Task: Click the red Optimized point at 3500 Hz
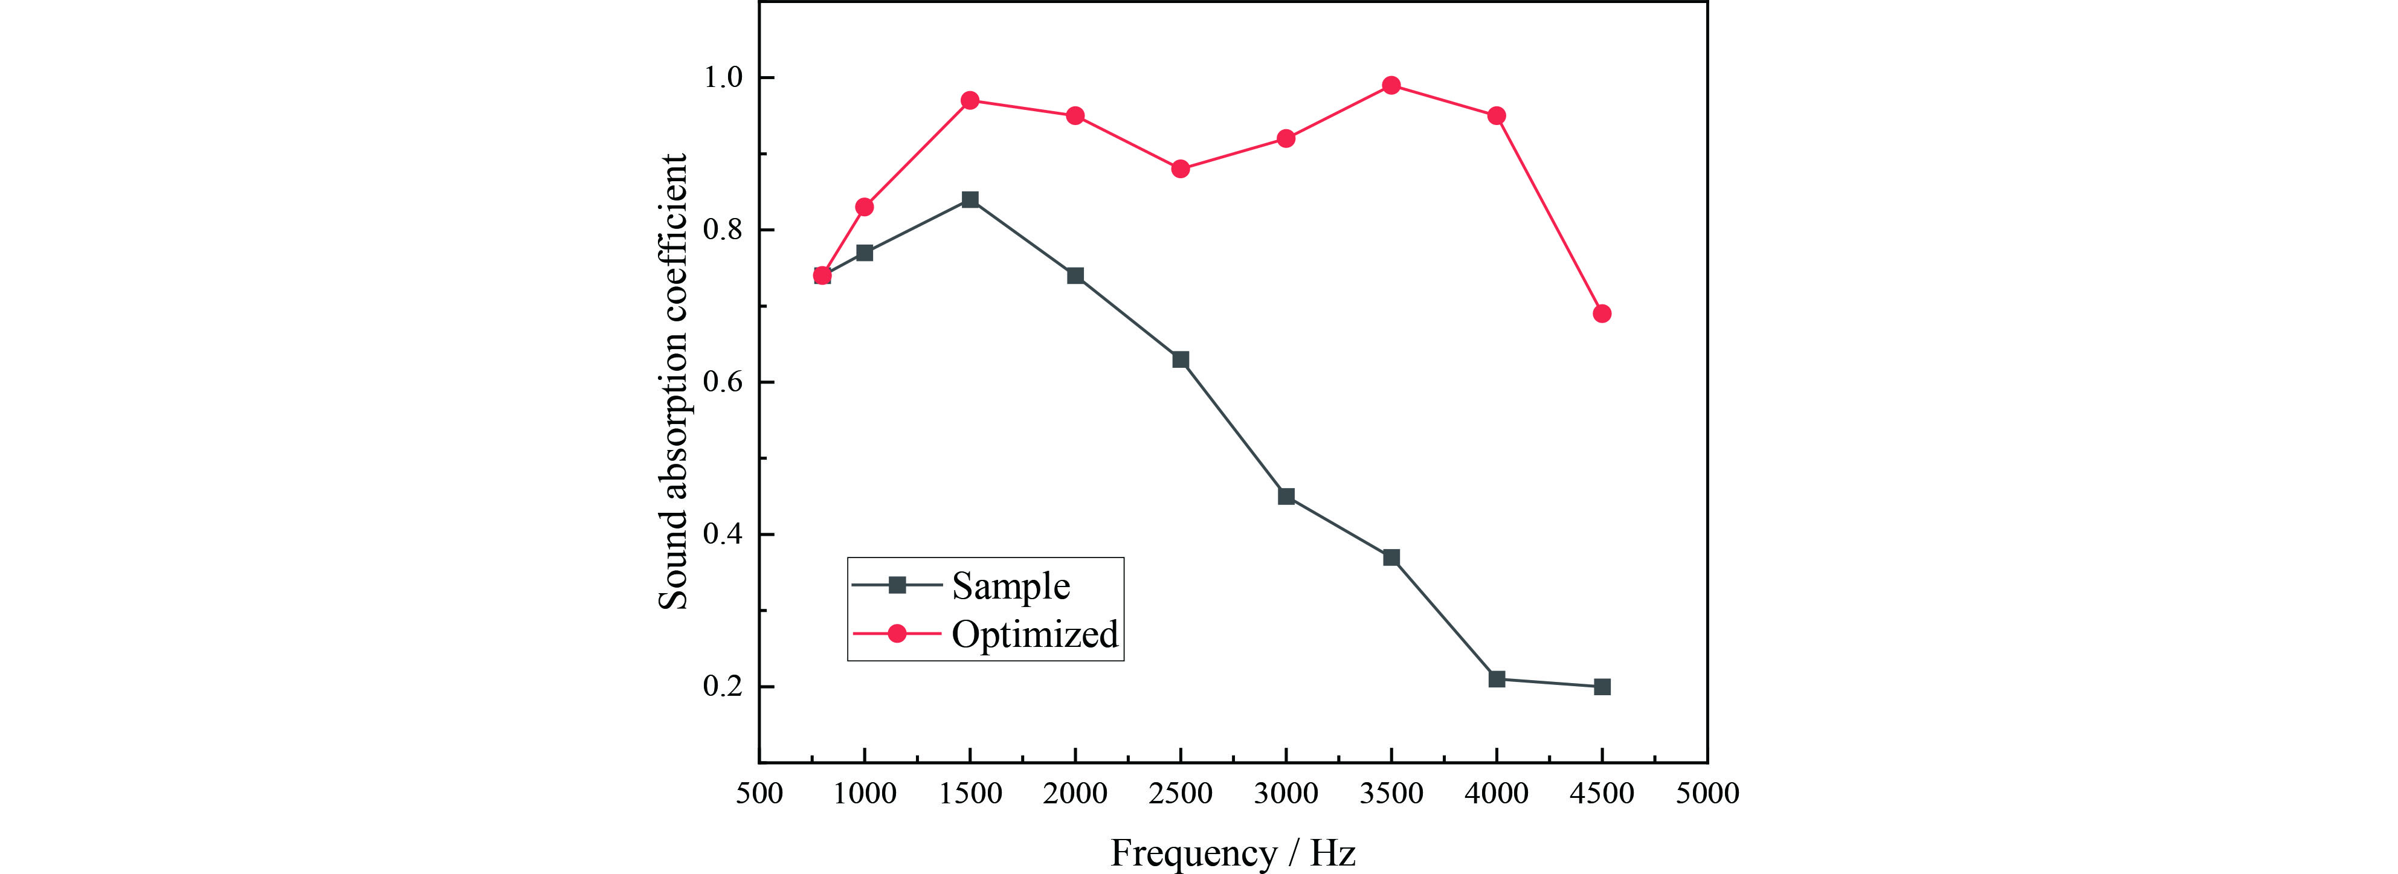tap(1391, 86)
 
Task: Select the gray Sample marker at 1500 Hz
tap(970, 199)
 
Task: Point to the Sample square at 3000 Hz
tap(1286, 496)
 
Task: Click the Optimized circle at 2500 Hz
tap(1181, 169)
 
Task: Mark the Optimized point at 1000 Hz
tap(865, 207)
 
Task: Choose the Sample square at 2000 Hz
tap(1075, 275)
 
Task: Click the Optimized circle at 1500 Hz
tap(970, 100)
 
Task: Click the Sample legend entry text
tap(1011, 585)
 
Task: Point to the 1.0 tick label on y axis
tap(723, 77)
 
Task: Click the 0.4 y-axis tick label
tap(723, 535)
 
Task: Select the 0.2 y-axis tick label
tap(723, 687)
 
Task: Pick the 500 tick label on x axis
tap(759, 793)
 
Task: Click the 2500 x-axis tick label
tap(1181, 793)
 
